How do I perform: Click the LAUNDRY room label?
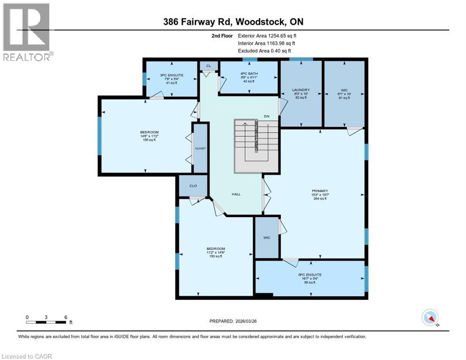click(x=300, y=90)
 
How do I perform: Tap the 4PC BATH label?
click(x=248, y=74)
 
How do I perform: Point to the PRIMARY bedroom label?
click(x=319, y=191)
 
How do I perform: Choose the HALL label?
click(x=236, y=194)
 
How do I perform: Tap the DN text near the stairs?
click(x=266, y=116)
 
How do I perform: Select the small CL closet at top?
click(x=209, y=66)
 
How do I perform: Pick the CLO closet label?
click(x=193, y=186)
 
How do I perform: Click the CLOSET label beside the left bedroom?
click(x=201, y=148)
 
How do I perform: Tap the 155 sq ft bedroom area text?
click(x=149, y=140)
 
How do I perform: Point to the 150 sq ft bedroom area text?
click(x=216, y=256)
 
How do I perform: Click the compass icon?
click(x=430, y=318)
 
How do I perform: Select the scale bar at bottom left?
click(x=46, y=322)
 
